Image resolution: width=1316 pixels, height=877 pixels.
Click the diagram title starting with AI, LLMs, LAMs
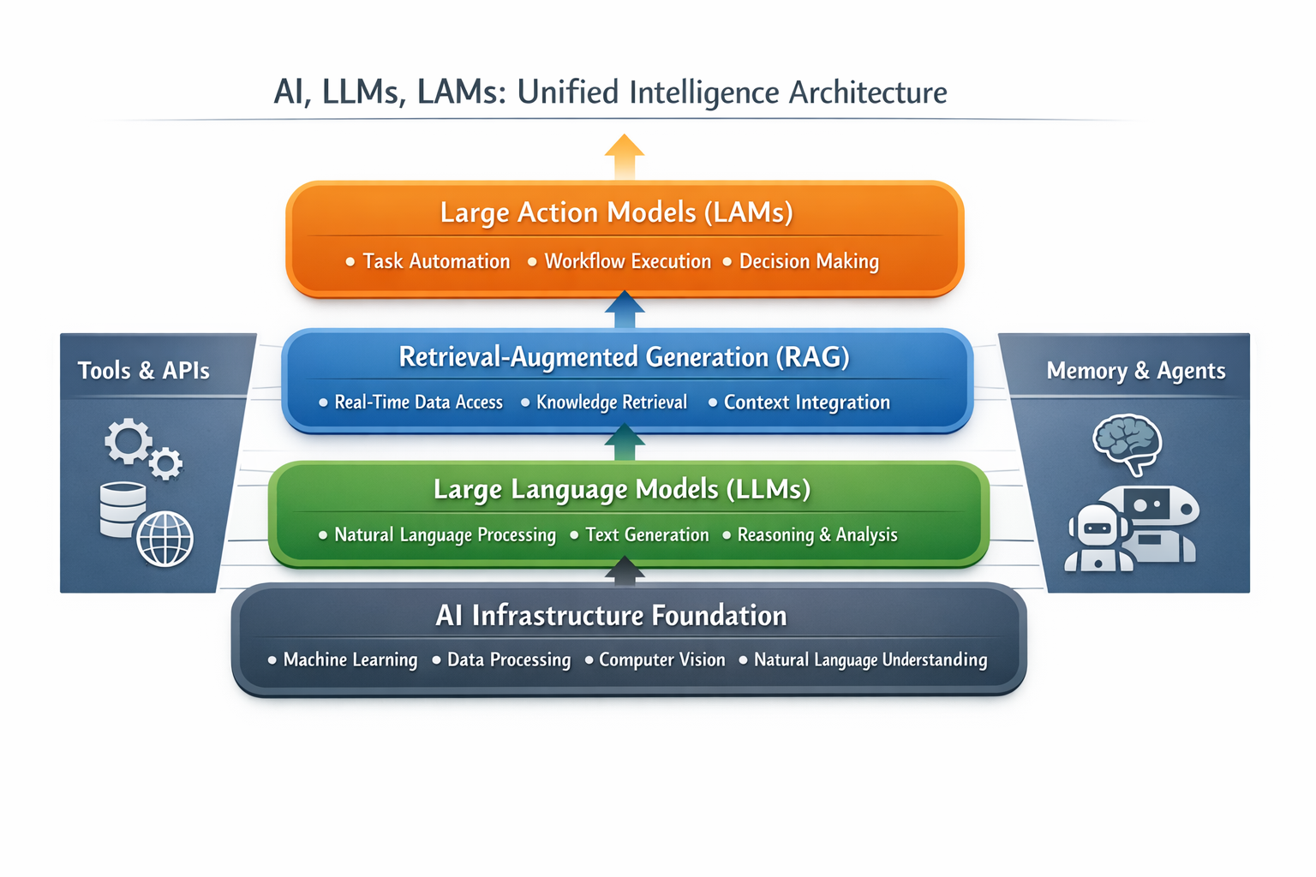610,92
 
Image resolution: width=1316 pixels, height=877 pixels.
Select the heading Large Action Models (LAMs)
617,212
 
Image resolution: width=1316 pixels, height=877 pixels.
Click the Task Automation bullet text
436,261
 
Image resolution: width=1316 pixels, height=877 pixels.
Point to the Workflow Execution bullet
627,261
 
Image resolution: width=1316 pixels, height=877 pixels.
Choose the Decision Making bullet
809,261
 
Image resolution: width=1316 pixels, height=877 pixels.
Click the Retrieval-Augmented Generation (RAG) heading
624,357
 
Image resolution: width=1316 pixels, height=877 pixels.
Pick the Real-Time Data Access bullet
418,403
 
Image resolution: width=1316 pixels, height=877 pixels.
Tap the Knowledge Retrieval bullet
612,403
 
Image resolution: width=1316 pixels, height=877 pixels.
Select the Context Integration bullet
806,403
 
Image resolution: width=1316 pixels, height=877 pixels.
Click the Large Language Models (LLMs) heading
622,489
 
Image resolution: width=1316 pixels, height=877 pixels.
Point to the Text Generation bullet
647,535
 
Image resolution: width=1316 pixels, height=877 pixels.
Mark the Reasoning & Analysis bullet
817,535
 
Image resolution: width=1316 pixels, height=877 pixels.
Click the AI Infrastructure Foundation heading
611,616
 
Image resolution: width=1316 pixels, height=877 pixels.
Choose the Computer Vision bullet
661,660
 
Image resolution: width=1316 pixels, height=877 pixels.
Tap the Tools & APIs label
144,371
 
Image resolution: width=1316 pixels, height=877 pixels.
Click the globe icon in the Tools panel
165,539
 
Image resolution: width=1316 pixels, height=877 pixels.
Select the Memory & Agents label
1136,371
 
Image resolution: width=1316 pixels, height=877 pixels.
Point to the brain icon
1127,441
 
